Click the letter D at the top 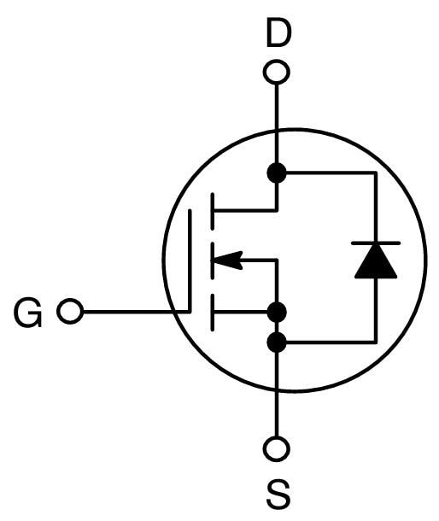tap(278, 34)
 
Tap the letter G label tap(28, 314)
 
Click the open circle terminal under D tap(277, 71)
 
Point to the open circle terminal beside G tap(70, 313)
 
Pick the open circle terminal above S tap(277, 448)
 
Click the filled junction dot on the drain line tap(277, 173)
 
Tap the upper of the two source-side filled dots tap(277, 312)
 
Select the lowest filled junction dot tap(277, 342)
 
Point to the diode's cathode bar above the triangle tap(376, 244)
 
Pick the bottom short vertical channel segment tap(212, 312)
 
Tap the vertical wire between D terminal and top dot tap(277, 124)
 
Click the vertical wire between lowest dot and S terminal tap(277, 393)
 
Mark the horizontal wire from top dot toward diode tap(329, 173)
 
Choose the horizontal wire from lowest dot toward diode tap(329, 342)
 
